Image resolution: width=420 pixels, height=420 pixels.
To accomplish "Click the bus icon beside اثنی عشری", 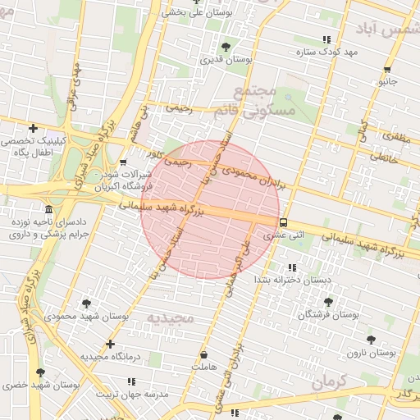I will click(x=283, y=222).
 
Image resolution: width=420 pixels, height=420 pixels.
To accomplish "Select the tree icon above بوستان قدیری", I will click(x=226, y=47).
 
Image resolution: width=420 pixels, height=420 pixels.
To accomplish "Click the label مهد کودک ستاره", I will click(x=328, y=52).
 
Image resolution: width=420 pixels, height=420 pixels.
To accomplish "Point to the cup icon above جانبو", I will click(x=386, y=70).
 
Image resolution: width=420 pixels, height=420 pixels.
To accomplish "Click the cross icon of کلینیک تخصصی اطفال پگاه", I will click(x=33, y=128).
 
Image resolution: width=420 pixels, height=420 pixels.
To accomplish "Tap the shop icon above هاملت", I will click(x=203, y=355).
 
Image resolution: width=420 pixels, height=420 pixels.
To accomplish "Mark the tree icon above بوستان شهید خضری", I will click(x=40, y=372).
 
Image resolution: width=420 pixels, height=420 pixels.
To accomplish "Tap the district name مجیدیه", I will click(x=169, y=317).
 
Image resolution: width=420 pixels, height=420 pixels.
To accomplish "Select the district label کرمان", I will click(x=331, y=381).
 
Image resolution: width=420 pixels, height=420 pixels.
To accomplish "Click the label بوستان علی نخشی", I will click(x=197, y=12).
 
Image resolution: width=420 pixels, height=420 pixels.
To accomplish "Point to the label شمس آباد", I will click(x=389, y=29).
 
